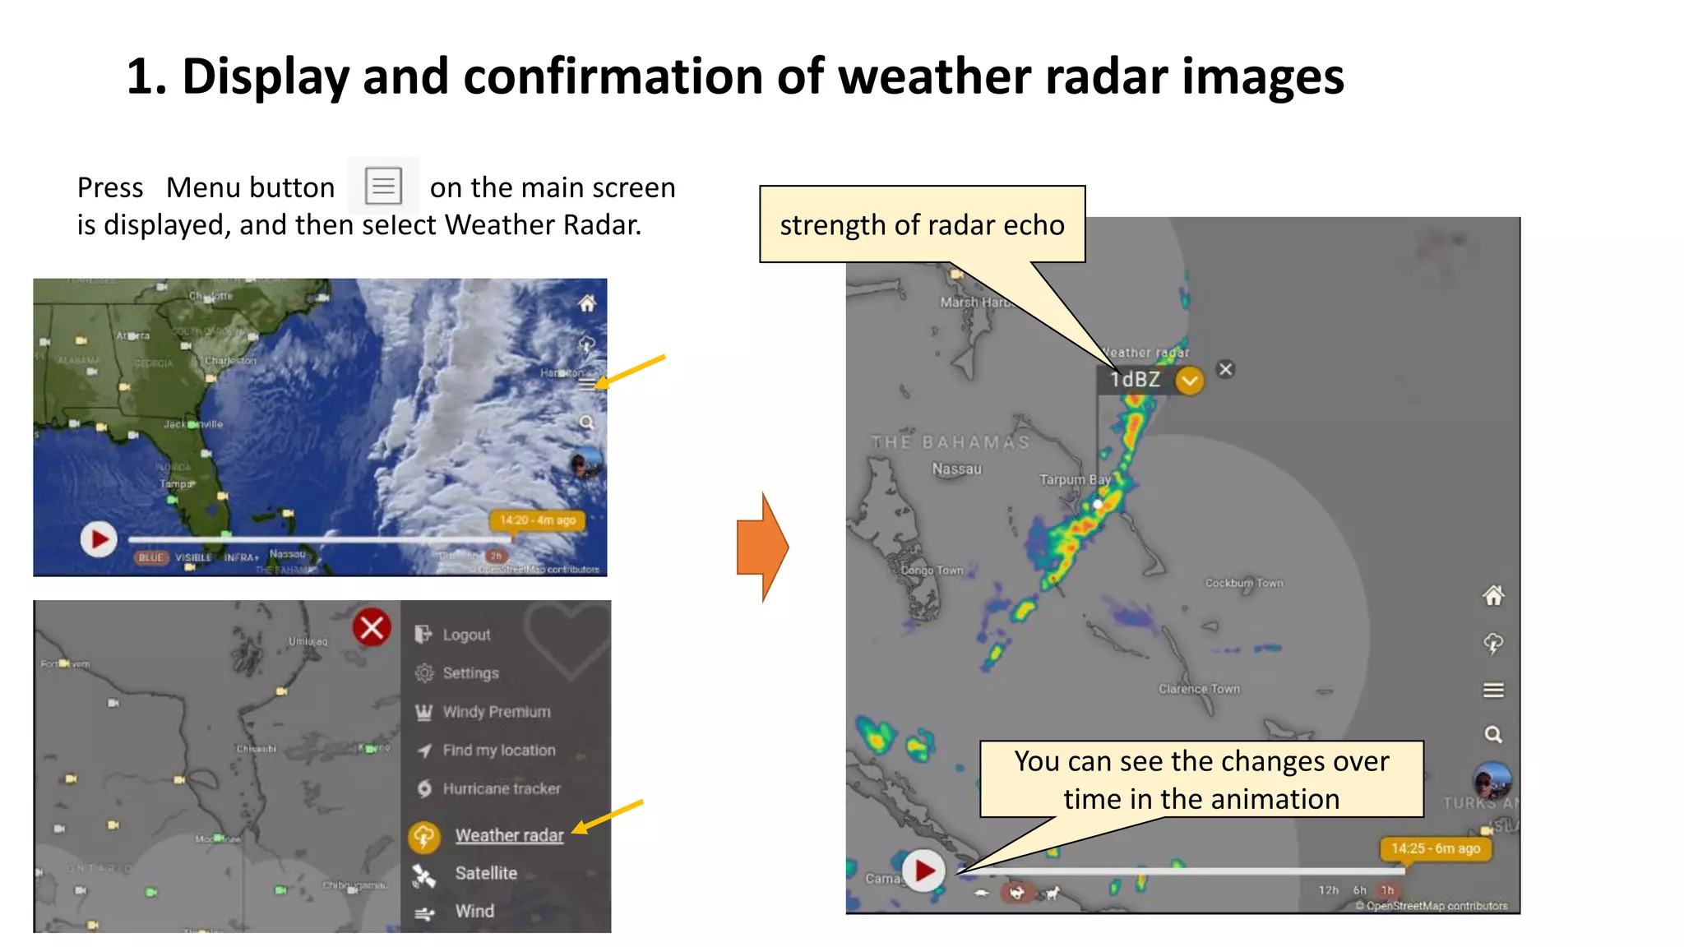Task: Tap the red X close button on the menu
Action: (x=372, y=628)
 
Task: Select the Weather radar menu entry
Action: (x=509, y=835)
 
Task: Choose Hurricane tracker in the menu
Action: (x=501, y=788)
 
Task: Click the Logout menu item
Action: (x=465, y=635)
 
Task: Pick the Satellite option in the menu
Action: (x=485, y=873)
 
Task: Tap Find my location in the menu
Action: (x=498, y=750)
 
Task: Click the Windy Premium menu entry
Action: (x=496, y=712)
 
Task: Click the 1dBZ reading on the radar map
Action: (x=1135, y=380)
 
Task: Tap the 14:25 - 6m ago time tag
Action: (x=1435, y=848)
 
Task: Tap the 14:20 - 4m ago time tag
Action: (x=538, y=520)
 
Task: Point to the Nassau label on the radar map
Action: (x=956, y=469)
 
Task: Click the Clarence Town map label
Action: (x=1199, y=689)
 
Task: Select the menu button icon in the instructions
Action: (x=383, y=186)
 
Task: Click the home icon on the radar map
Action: (x=1493, y=596)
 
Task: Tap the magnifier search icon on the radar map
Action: (x=1493, y=734)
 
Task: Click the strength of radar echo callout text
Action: (x=922, y=225)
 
